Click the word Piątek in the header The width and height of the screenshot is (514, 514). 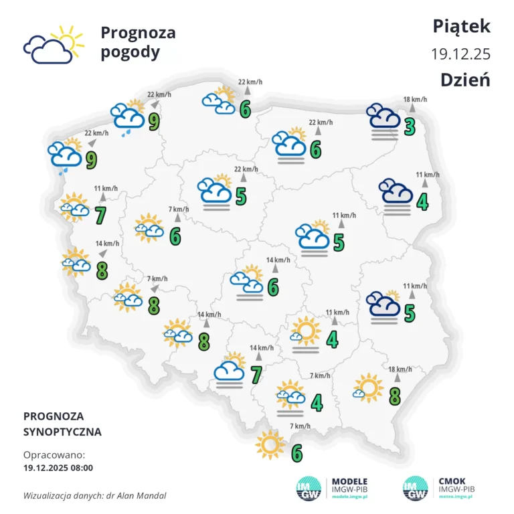pos(462,26)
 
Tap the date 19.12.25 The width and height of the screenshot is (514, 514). pos(461,54)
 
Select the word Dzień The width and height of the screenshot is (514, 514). pos(465,80)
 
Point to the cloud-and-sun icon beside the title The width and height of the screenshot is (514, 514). pos(54,44)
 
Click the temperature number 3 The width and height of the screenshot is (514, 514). pos(410,125)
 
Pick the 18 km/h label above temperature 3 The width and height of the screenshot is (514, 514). pos(415,100)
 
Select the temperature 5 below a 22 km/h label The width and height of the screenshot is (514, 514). pos(241,196)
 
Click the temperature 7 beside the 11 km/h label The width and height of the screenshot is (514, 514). pos(101,215)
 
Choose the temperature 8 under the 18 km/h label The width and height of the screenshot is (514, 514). pos(394,396)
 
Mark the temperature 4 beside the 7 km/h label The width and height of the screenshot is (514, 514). pos(317,402)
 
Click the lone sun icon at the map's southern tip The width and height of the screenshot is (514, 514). pos(270,444)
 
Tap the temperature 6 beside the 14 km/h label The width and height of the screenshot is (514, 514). pos(272,286)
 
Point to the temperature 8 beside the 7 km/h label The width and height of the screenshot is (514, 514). pos(153,305)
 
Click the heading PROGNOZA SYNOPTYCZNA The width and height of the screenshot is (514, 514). pos(62,424)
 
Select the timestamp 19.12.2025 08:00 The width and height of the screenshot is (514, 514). pos(58,468)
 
